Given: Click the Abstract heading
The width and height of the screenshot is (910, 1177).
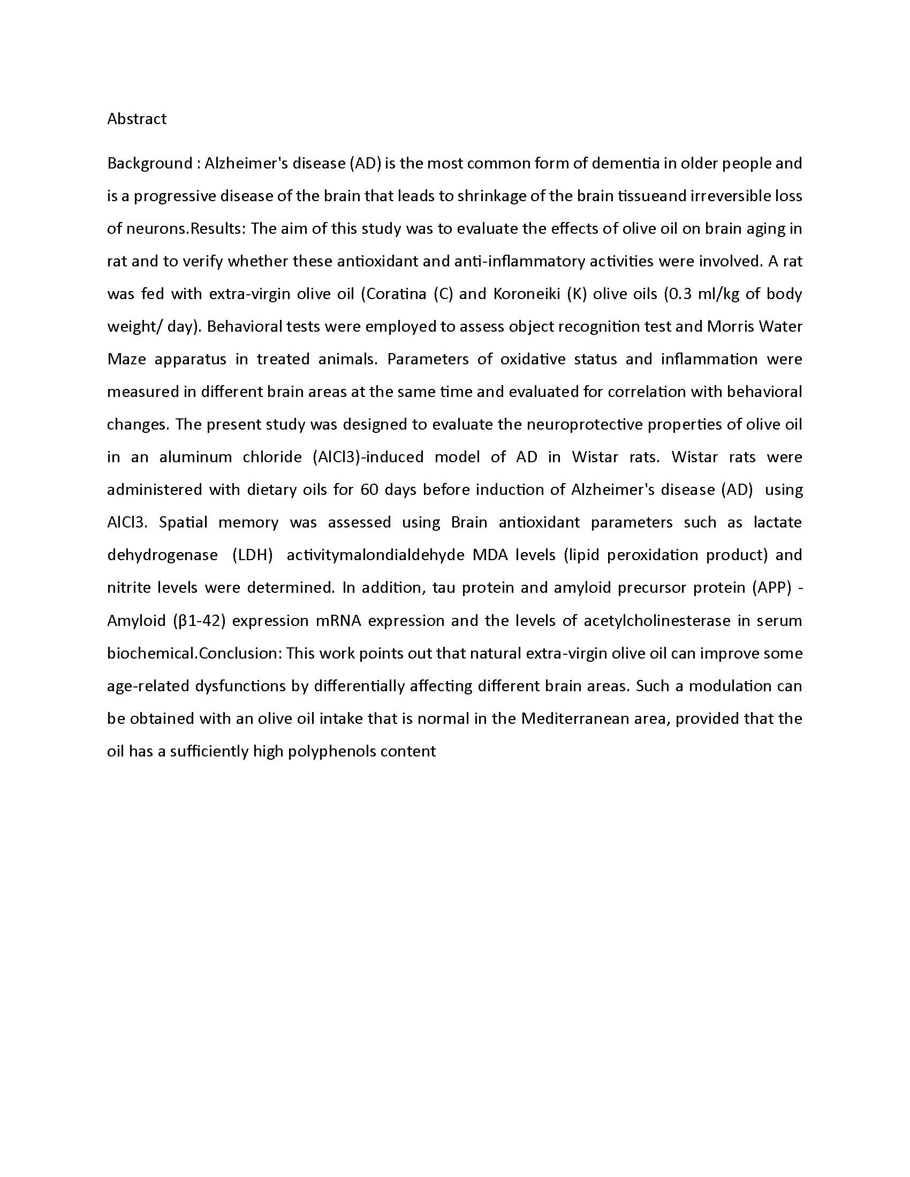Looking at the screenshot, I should [137, 119].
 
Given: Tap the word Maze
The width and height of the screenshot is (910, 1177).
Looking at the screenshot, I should [127, 359].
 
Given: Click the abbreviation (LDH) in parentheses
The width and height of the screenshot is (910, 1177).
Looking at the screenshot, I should [252, 555].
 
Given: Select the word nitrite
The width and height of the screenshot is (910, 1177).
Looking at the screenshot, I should [128, 587].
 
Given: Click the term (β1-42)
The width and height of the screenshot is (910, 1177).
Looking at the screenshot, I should [199, 621].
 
